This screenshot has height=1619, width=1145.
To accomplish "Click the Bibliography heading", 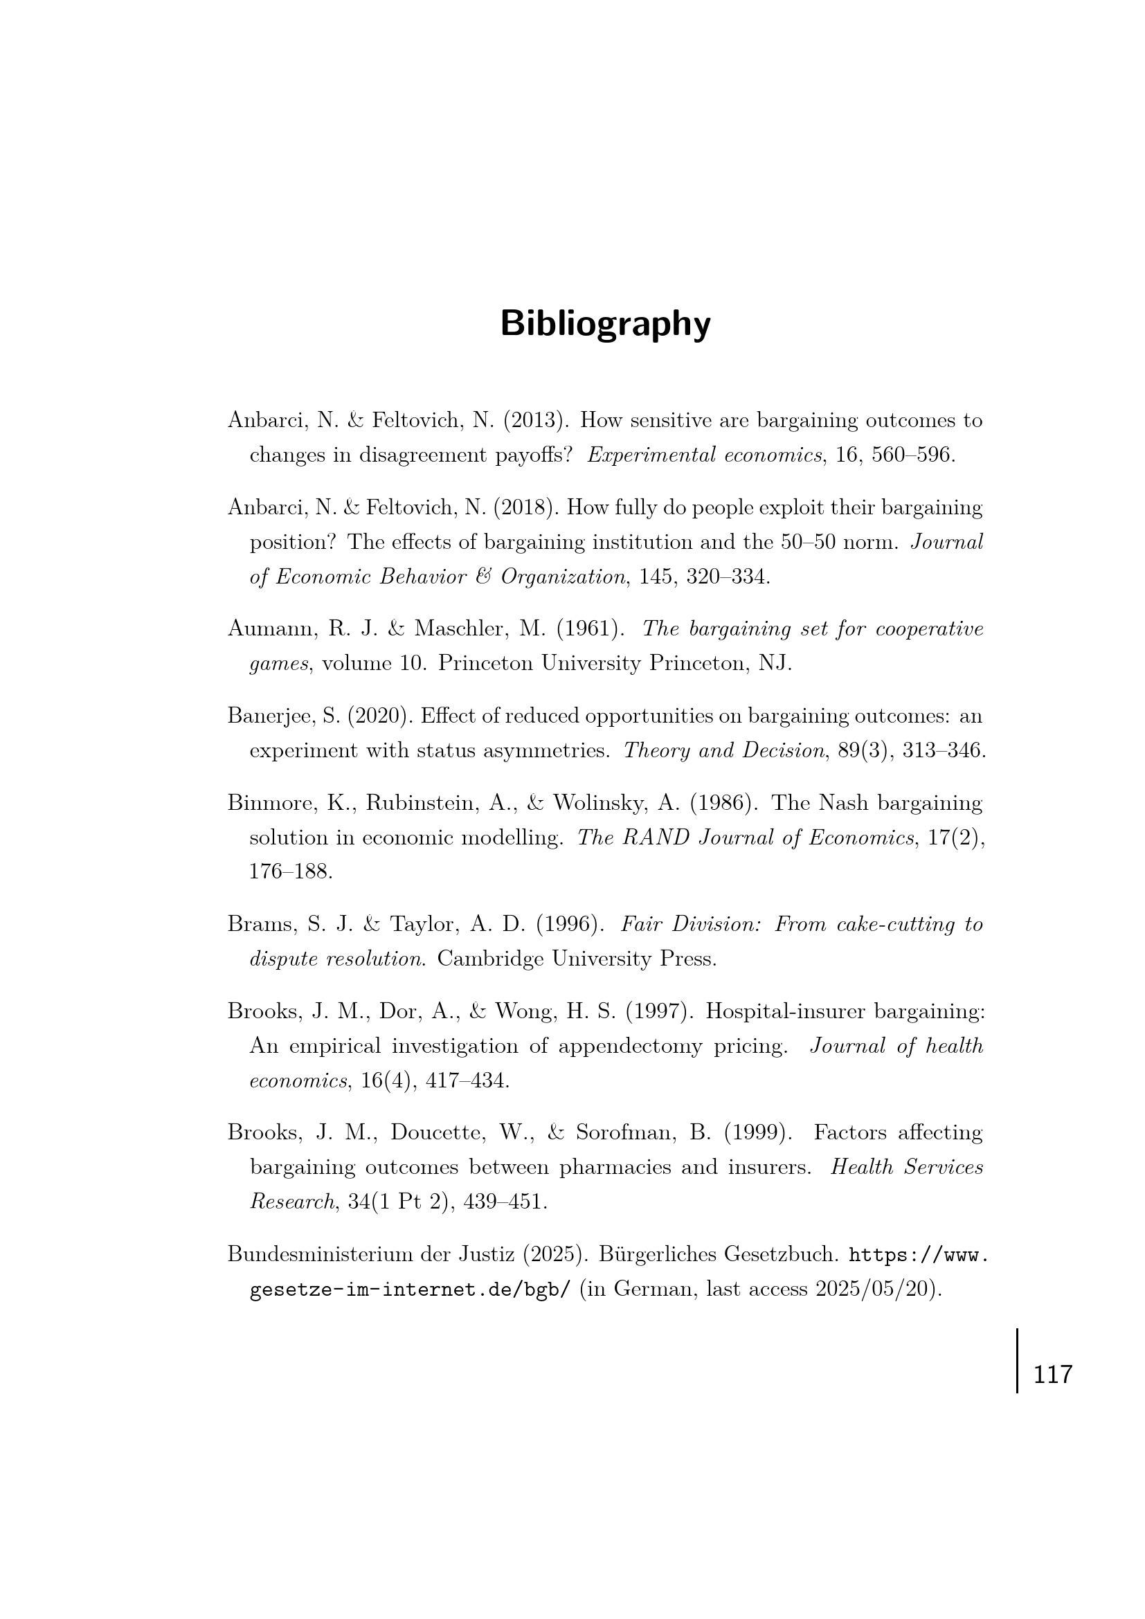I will (x=605, y=325).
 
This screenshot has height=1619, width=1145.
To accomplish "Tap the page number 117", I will (x=1052, y=1375).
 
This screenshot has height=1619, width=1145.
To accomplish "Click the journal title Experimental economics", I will (x=704, y=455).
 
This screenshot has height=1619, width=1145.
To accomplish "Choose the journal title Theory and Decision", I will (x=724, y=750).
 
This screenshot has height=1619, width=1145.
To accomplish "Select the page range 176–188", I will (x=291, y=871).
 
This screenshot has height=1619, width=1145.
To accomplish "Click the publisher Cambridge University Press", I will (x=577, y=959).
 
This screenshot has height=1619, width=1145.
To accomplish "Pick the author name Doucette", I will (x=433, y=1132).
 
